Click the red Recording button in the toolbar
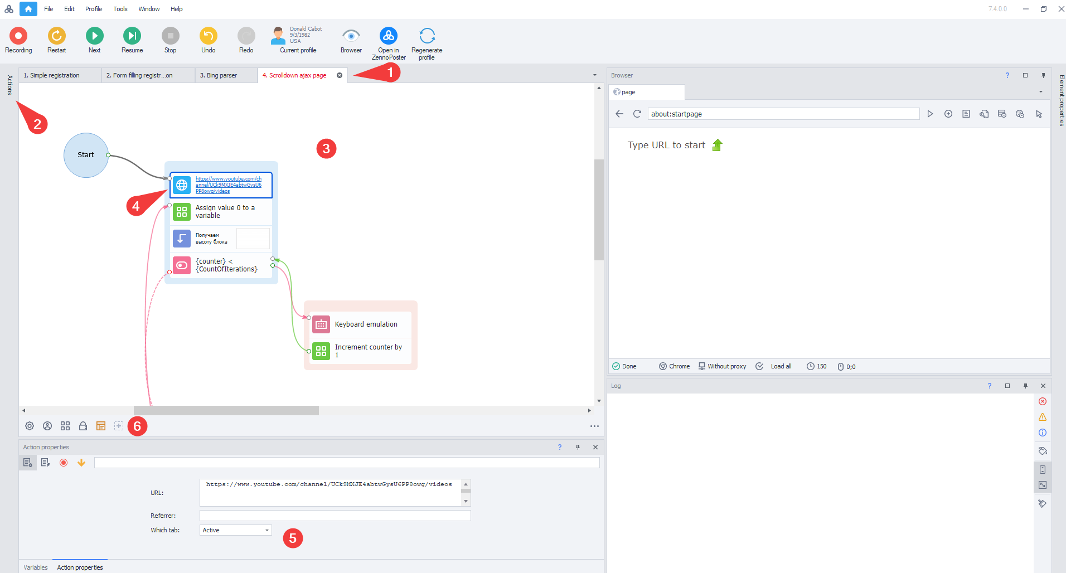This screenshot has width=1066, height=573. pos(18,36)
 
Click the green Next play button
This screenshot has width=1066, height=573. pos(94,36)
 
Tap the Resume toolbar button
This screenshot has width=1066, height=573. pos(132,36)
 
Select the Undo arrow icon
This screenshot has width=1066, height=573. pos(208,36)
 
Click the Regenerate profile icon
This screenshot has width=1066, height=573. pos(427,36)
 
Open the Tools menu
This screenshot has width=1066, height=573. pos(120,9)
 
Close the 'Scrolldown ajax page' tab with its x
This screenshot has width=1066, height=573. pos(340,75)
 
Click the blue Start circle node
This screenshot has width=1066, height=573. pos(86,155)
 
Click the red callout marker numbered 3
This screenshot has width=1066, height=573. pos(326,148)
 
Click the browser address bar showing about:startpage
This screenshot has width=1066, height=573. pos(783,114)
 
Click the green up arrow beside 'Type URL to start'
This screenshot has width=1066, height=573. pos(718,145)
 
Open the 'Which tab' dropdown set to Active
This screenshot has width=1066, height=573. pos(235,530)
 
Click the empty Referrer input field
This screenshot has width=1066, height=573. pos(335,516)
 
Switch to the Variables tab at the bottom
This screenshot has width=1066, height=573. pos(36,567)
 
